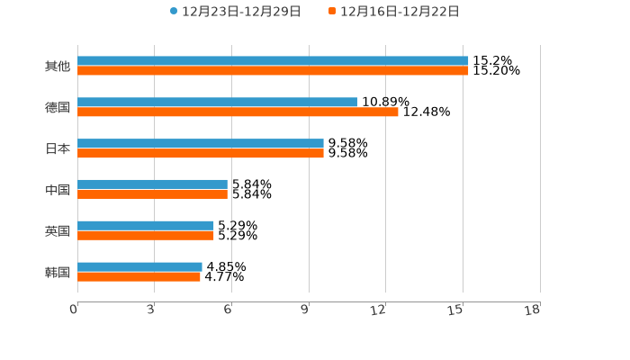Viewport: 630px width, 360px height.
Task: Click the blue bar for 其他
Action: point(273,61)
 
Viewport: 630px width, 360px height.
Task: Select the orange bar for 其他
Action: point(273,71)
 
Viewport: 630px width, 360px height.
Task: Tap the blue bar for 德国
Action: point(217,102)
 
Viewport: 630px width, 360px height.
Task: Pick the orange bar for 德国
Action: point(238,112)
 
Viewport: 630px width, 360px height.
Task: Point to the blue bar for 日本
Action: point(201,143)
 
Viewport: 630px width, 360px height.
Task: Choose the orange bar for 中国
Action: point(152,194)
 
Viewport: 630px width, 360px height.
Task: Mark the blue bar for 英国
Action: point(146,225)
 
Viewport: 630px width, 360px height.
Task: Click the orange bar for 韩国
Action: point(139,277)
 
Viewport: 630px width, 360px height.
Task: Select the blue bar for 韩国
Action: point(139,266)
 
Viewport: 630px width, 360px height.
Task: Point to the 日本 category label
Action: point(58,148)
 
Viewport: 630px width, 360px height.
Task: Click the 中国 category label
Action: point(58,190)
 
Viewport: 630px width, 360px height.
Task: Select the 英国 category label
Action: point(58,230)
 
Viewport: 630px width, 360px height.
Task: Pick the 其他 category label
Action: point(58,67)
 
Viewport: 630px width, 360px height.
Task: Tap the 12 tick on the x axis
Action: point(379,310)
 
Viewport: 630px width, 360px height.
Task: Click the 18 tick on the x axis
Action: point(533,310)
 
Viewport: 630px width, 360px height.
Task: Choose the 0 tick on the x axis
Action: point(74,310)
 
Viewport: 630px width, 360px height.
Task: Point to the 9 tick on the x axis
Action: point(305,310)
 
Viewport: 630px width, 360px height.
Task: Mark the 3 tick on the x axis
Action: point(151,310)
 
